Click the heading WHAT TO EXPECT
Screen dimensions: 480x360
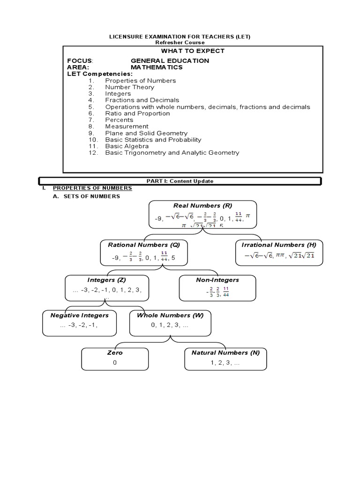pyautogui.click(x=193, y=51)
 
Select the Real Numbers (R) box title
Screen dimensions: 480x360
pyautogui.click(x=202, y=205)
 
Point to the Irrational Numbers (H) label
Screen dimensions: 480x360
pyautogui.click(x=278, y=245)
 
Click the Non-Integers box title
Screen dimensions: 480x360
pyautogui.click(x=217, y=280)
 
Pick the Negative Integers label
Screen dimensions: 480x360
pyautogui.click(x=79, y=315)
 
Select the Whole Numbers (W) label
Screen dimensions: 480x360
pyautogui.click(x=170, y=315)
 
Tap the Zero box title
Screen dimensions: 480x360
pyautogui.click(x=115, y=352)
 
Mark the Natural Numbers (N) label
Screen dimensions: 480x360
pyautogui.click(x=225, y=352)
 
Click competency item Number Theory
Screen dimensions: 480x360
pyautogui.click(x=128, y=87)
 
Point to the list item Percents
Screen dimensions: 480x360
pyautogui.click(x=119, y=120)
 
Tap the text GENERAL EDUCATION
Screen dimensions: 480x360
pyautogui.click(x=170, y=61)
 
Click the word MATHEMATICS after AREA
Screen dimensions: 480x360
pyautogui.click(x=157, y=67)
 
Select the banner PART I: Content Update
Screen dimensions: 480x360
pyautogui.click(x=180, y=181)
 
